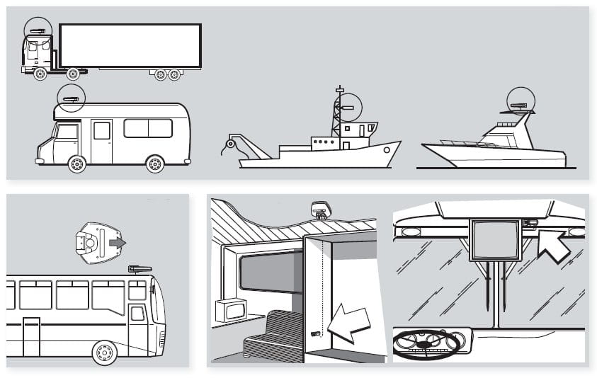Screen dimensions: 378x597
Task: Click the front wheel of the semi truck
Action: [40, 73]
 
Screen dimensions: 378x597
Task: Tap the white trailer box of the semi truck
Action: [130, 46]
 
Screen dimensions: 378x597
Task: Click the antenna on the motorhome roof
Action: [70, 99]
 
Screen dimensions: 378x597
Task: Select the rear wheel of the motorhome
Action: [154, 164]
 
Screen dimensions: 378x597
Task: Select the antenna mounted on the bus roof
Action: [139, 269]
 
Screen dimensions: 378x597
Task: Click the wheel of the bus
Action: [104, 351]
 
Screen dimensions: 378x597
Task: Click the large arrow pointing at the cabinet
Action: [351, 322]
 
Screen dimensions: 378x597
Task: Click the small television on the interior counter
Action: [232, 310]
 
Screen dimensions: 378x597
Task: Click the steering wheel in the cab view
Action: [426, 344]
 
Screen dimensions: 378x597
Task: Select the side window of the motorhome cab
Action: [68, 132]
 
